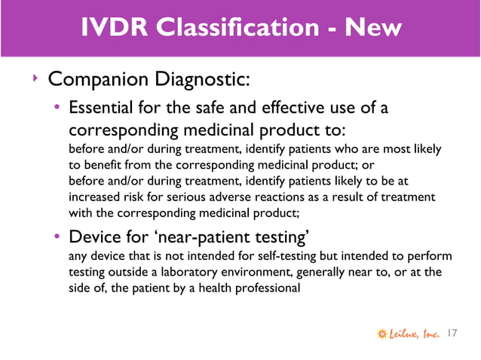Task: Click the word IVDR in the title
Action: [x=109, y=29]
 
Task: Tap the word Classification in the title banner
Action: [x=229, y=29]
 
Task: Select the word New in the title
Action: [x=371, y=29]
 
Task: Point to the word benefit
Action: [x=103, y=163]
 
